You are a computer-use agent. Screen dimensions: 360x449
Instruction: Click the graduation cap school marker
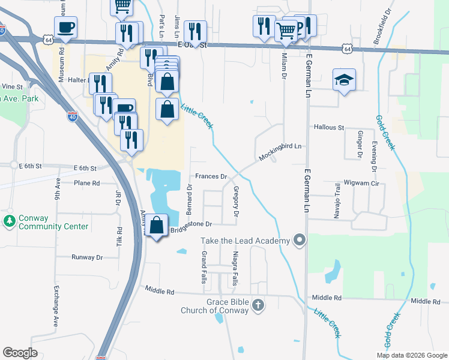point(345,80)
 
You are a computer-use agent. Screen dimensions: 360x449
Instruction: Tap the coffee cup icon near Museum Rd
point(65,27)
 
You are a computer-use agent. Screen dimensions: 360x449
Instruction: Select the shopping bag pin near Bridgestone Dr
point(157,226)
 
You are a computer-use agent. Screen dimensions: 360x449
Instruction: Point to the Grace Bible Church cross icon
point(258,305)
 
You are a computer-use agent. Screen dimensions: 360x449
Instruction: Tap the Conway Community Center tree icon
point(9,221)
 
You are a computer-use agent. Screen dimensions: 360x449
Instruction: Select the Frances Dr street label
point(210,177)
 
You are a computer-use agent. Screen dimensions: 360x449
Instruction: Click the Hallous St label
point(328,128)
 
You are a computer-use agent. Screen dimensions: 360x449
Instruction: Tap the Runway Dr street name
point(87,257)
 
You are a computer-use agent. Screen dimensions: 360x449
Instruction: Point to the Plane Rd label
point(85,182)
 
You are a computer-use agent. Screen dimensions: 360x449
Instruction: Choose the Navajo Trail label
point(337,198)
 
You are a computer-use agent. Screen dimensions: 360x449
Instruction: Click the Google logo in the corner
point(20,353)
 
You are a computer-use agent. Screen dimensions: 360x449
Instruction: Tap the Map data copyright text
point(411,355)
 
